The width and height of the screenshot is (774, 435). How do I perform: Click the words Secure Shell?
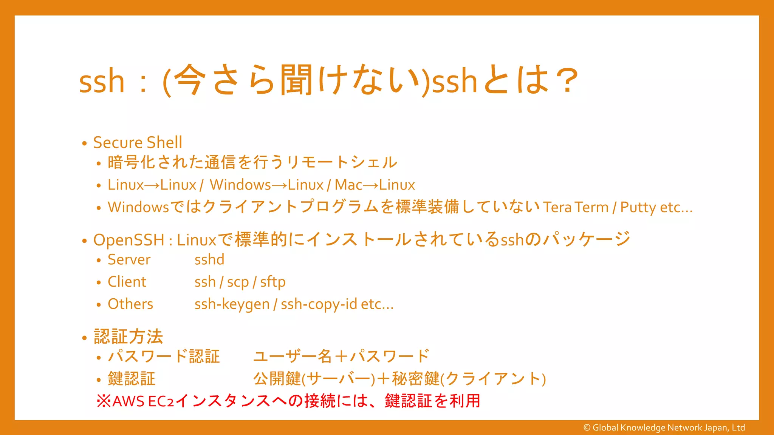138,143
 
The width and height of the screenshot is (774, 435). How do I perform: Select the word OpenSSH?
129,240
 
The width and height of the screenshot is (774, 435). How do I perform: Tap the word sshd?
209,260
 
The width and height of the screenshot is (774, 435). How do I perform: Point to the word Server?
129,260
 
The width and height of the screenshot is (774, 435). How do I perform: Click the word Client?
127,282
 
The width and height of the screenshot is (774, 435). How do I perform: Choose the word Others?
130,304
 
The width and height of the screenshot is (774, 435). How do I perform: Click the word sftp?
272,282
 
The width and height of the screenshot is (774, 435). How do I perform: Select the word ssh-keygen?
232,304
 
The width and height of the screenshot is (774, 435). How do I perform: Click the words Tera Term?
576,207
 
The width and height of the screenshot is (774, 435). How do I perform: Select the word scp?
238,282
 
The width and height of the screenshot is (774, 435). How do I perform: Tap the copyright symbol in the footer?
587,428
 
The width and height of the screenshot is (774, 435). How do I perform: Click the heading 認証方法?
128,336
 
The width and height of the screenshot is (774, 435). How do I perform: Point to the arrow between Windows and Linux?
279,185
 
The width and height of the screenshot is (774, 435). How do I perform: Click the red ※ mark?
104,401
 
